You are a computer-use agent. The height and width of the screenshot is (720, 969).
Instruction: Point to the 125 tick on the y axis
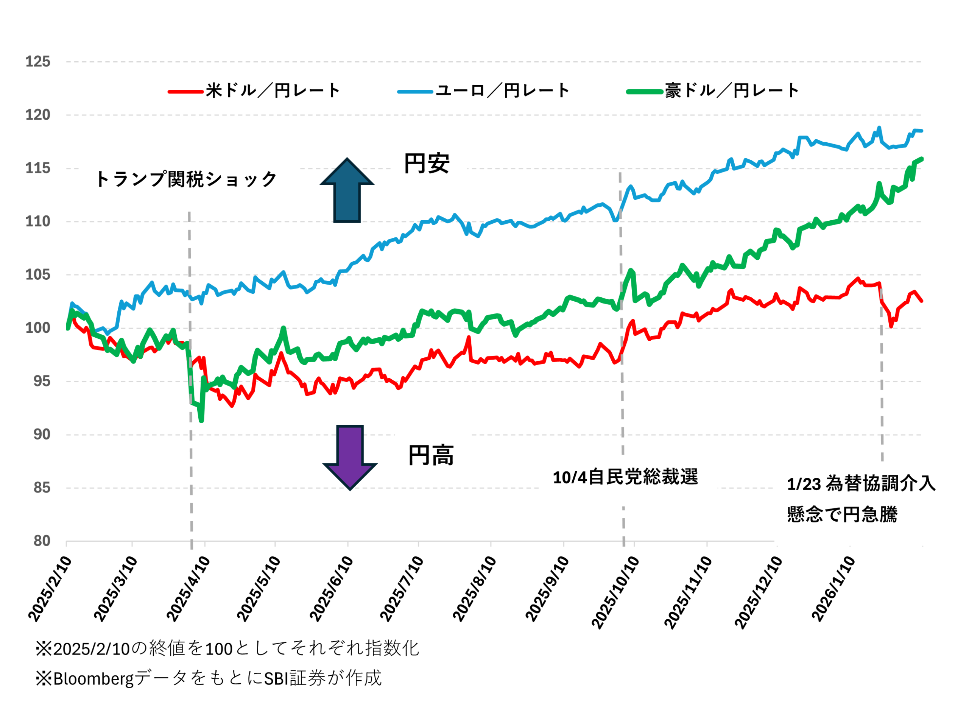pos(37,61)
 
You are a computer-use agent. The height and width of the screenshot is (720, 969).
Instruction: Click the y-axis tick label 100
pos(37,328)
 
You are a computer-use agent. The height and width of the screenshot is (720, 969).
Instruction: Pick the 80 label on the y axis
pos(42,541)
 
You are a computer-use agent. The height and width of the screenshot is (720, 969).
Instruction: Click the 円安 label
pos(427,164)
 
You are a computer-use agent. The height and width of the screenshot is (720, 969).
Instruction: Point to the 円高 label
pos(431,455)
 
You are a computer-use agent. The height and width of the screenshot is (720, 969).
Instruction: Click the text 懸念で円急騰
pos(842,514)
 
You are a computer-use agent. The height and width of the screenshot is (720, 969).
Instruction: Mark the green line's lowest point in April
pos(201,421)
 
